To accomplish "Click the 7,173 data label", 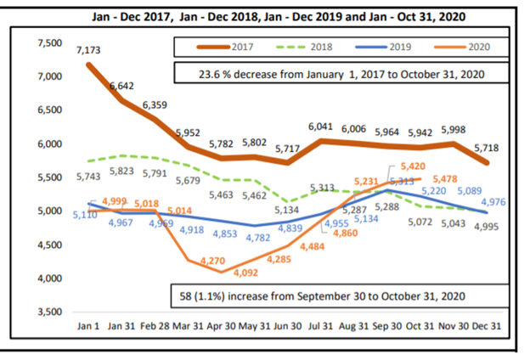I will (89, 51).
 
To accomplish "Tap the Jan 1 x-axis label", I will (89, 325).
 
